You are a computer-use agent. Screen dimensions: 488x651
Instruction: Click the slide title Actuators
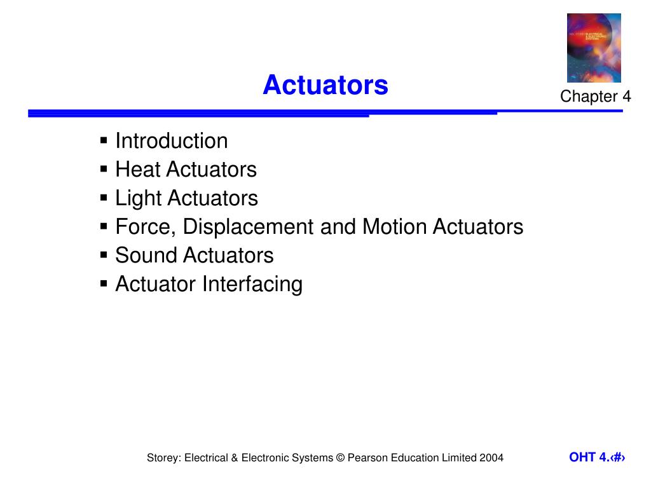pos(325,85)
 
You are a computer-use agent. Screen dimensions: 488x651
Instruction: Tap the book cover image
pos(594,48)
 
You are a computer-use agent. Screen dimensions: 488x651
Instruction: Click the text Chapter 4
pos(595,97)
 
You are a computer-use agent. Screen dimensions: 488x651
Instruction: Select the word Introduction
pos(171,140)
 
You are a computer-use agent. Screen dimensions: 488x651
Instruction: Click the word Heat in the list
pos(138,170)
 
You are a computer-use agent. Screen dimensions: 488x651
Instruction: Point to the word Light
pos(138,198)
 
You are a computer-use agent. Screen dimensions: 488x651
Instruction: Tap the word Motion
pos(395,227)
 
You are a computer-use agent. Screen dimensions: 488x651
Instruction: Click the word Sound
pos(146,255)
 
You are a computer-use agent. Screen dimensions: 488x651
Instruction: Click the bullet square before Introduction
pos(104,140)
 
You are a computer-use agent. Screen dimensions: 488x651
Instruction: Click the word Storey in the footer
pos(163,457)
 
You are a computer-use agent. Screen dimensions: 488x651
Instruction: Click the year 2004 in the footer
pos(491,457)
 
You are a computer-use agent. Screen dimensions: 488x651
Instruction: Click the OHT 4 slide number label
pos(597,457)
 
